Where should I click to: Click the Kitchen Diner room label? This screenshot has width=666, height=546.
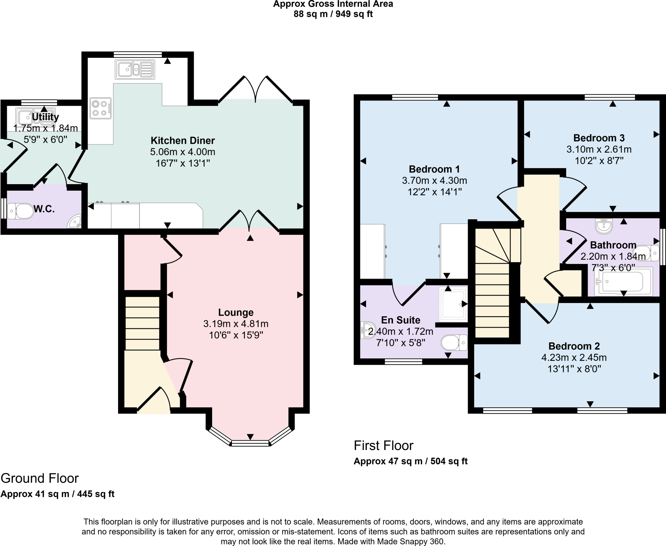coord(182,141)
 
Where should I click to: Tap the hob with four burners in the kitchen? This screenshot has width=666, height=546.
coord(100,108)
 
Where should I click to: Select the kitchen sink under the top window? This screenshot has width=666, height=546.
coord(135,70)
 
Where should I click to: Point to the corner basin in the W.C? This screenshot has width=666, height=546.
coord(75,223)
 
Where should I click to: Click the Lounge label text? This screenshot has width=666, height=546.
coord(236,312)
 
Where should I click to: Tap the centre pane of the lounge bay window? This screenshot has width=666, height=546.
coord(250,443)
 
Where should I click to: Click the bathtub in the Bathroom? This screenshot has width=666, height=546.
coord(623,282)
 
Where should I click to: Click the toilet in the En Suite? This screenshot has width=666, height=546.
coord(454,343)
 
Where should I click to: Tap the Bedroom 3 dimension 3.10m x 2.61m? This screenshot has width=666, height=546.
coord(599,149)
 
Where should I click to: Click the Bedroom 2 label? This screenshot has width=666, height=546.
coord(574,346)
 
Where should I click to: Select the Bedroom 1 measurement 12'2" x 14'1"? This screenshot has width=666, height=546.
coord(434,192)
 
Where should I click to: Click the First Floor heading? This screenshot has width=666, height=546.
coord(383,445)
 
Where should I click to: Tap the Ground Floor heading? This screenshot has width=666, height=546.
coord(40,478)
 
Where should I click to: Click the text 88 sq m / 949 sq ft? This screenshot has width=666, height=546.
coord(333,14)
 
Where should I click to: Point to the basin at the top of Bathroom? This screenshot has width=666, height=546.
coord(604,226)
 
